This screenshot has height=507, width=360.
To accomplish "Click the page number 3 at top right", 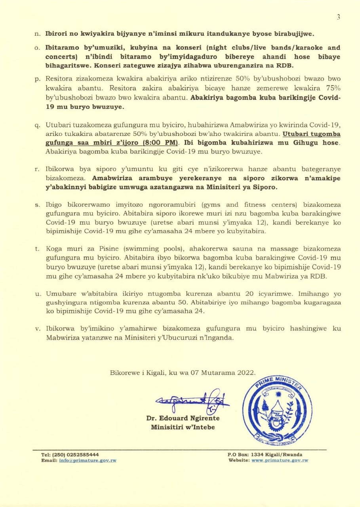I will coord(338,17).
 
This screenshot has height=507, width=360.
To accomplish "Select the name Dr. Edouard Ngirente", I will coord(183,418).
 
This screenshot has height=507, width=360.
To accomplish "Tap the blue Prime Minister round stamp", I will coord(277,411).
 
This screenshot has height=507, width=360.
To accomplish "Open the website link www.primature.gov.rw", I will coord(280,460).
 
